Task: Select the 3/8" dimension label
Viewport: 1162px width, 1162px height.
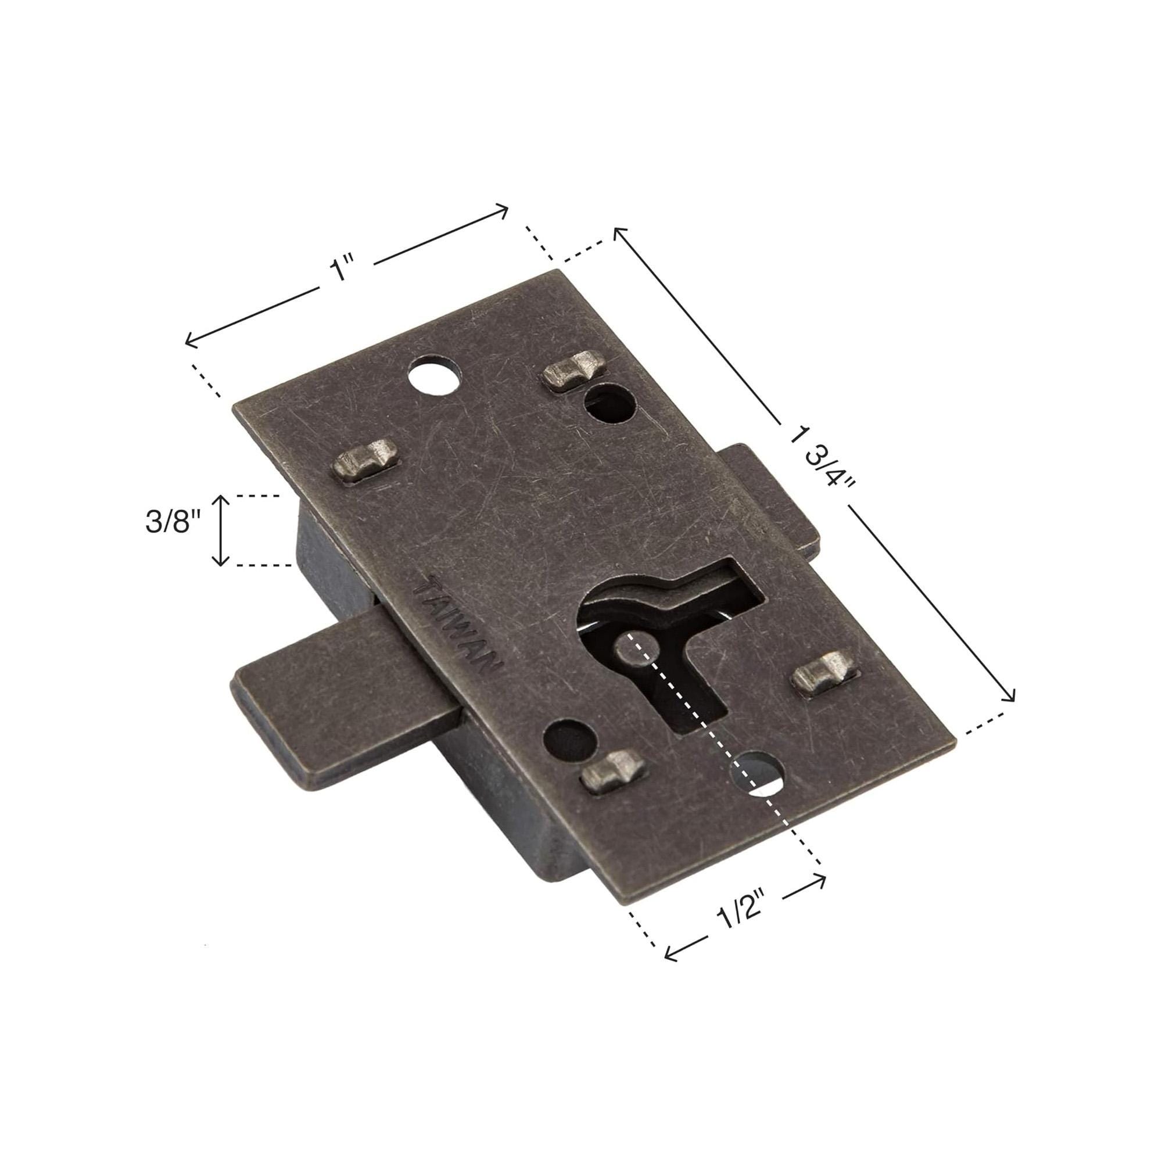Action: pos(173,523)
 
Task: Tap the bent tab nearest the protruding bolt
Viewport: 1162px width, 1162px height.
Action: pos(612,773)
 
